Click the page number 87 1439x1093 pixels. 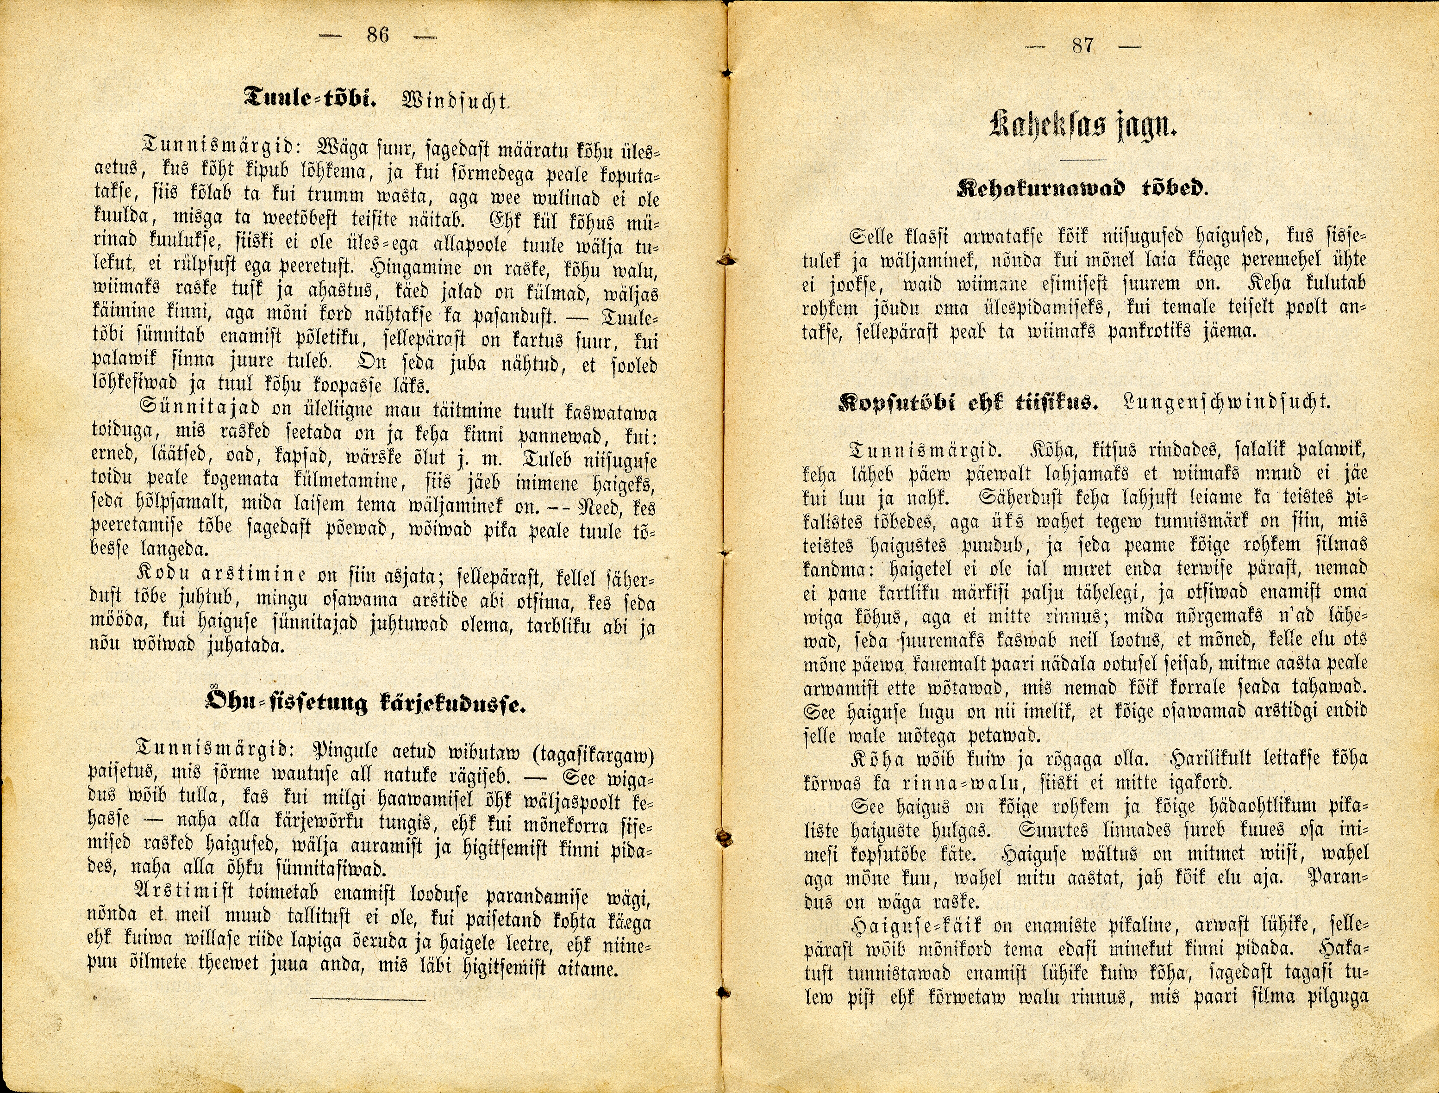pyautogui.click(x=1083, y=46)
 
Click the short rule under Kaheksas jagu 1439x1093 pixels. pyautogui.click(x=1083, y=159)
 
